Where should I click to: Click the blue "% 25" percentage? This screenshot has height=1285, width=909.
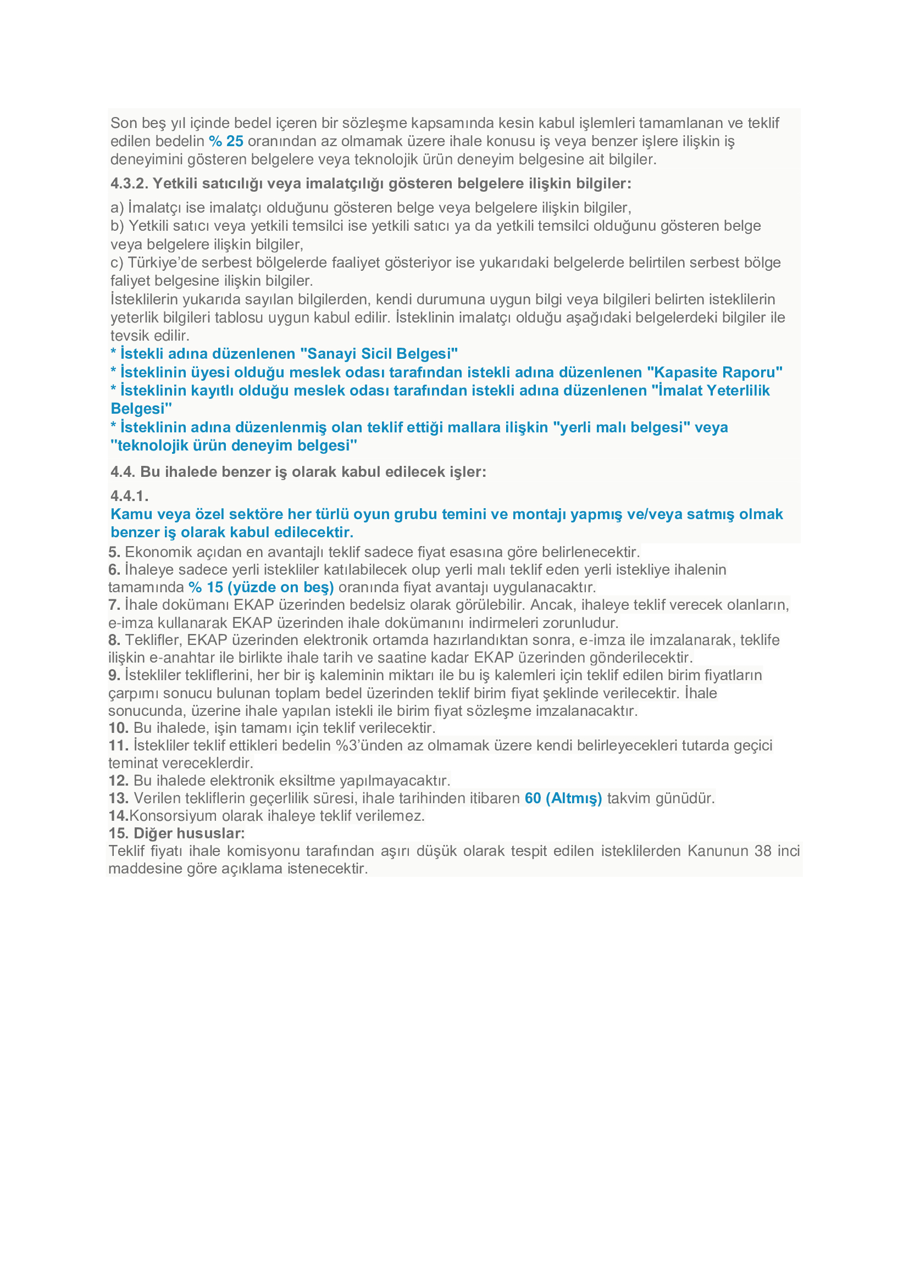point(226,141)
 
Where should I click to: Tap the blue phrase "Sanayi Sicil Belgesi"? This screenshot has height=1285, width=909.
point(379,354)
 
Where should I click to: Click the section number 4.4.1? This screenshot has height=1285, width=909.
point(129,496)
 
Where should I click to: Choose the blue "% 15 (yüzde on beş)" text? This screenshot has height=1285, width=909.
point(262,587)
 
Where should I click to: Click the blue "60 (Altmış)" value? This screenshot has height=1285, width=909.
point(563,798)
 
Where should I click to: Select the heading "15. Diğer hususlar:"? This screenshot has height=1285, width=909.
point(176,833)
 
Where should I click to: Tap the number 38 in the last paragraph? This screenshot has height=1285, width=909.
point(763,850)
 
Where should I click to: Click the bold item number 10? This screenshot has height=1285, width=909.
point(118,727)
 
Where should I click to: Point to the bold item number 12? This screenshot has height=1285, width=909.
point(118,780)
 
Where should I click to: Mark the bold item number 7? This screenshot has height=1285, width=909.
point(114,604)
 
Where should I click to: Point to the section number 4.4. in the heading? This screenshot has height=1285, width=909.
point(123,472)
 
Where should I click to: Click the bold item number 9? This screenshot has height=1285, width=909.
point(114,675)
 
